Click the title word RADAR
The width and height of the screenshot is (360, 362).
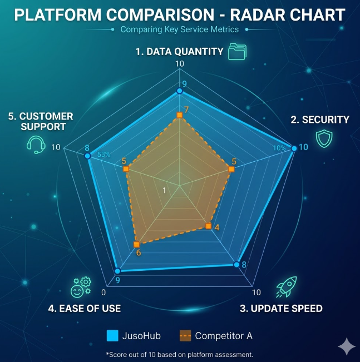click(x=233, y=14)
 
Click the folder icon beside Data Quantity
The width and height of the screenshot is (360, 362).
click(x=237, y=52)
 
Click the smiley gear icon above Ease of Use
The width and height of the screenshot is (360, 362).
click(x=81, y=286)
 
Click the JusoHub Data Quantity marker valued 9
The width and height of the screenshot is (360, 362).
click(x=179, y=91)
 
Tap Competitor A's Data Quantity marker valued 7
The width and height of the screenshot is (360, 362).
click(x=179, y=115)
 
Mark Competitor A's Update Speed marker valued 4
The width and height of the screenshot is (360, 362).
click(x=209, y=226)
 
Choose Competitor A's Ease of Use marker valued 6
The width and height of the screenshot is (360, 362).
click(x=136, y=244)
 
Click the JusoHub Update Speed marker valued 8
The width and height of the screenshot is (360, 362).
click(x=236, y=264)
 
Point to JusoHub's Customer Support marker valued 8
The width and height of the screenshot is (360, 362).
click(x=87, y=156)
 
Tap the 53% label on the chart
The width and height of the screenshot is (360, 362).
click(x=104, y=155)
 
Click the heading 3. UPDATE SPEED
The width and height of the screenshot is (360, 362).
click(x=281, y=308)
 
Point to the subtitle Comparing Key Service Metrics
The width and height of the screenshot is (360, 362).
click(x=179, y=29)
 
